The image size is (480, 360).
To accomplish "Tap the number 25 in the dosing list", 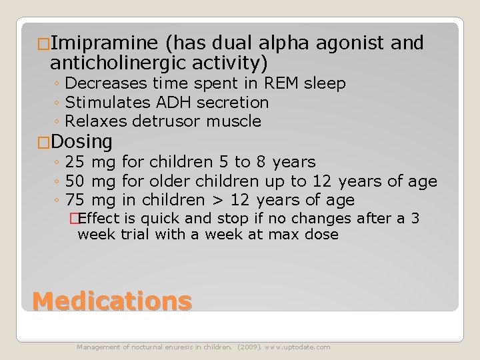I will pyautogui.click(x=76, y=162).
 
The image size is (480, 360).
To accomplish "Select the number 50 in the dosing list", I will pyautogui.click(x=76, y=181).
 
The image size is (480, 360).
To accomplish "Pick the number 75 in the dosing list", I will pyautogui.click(x=76, y=200).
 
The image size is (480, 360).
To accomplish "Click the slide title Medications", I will pyautogui.click(x=112, y=302).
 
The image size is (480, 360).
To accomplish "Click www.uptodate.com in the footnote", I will pyautogui.click(x=297, y=347).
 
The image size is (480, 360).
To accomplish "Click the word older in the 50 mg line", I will pyautogui.click(x=169, y=181).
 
